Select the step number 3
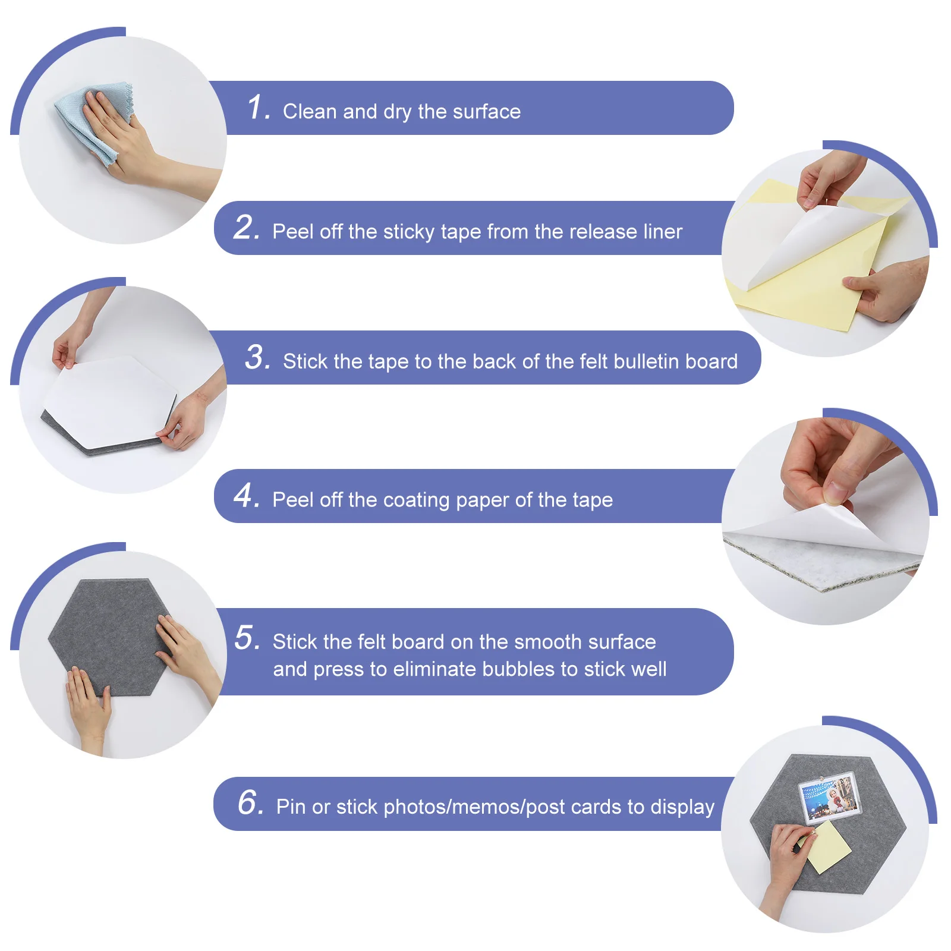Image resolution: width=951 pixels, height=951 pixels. [x=258, y=357]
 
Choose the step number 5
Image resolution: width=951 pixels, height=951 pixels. [x=247, y=638]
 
